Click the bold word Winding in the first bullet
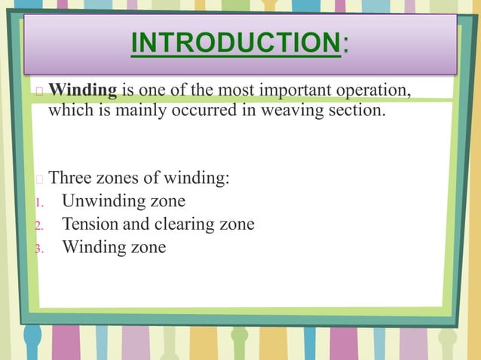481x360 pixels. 83,92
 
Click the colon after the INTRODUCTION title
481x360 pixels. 345,47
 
